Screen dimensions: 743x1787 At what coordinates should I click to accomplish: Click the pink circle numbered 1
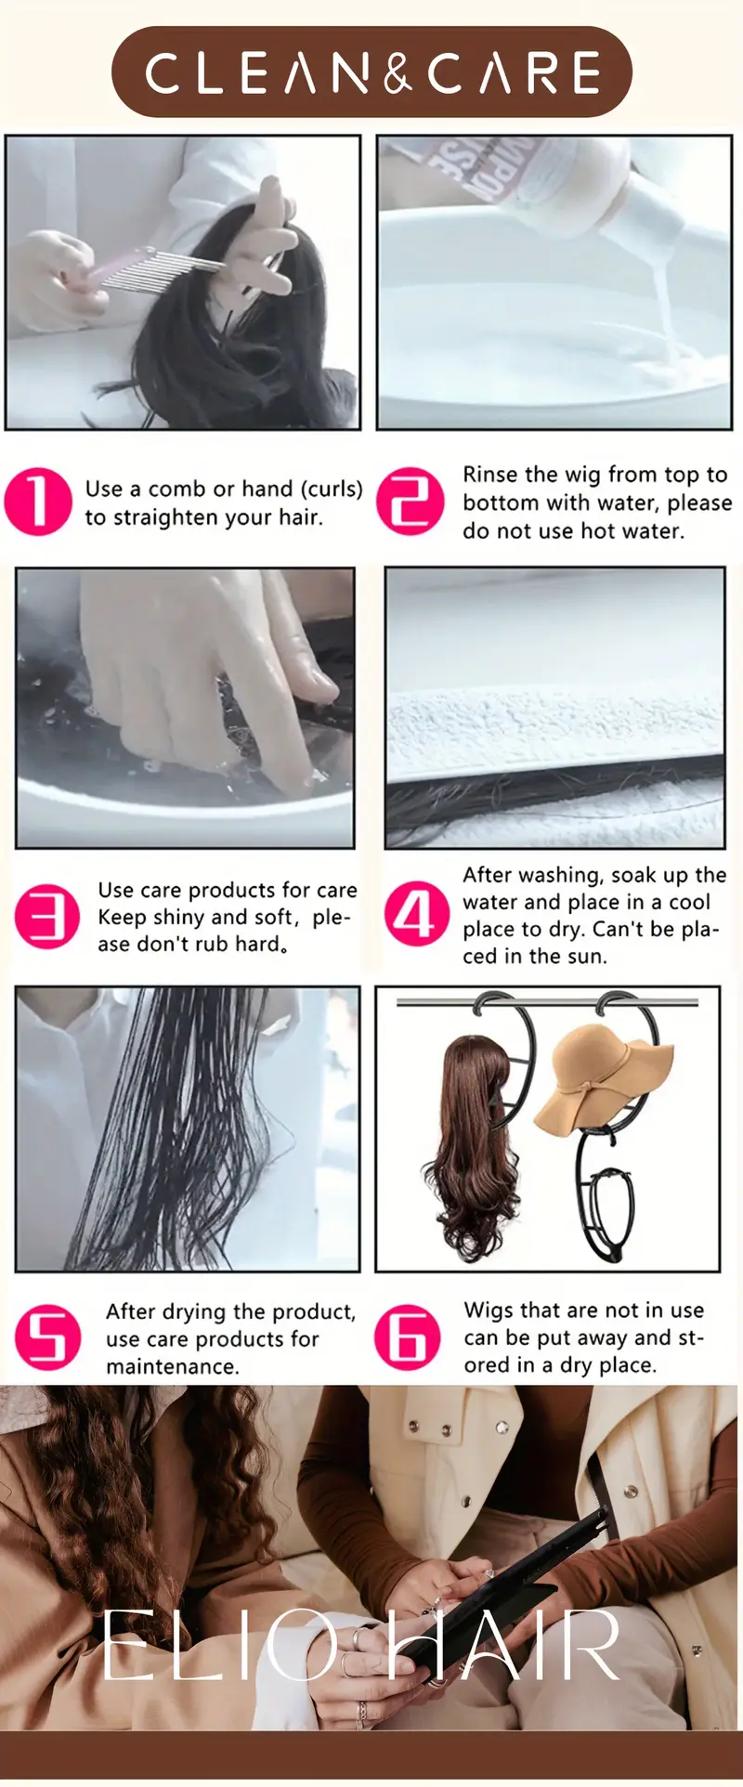point(38,502)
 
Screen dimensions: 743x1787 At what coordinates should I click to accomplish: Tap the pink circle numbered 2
point(410,502)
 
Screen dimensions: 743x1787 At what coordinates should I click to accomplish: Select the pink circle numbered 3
point(47,916)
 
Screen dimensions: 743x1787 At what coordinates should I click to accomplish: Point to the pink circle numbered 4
point(416,914)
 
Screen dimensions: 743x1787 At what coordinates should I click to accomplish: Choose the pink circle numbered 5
point(48,1337)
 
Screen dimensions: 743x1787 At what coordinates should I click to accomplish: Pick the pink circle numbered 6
point(408,1337)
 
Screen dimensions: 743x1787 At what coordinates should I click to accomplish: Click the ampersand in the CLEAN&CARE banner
point(398,72)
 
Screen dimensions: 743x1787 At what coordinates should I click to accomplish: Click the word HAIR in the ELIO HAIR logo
point(502,1645)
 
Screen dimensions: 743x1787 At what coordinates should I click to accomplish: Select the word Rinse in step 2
point(489,475)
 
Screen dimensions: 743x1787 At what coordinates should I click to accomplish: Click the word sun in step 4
point(586,957)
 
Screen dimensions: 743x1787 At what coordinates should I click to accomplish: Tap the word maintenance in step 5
point(172,1366)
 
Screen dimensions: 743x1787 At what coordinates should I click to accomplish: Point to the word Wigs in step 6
point(489,1311)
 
